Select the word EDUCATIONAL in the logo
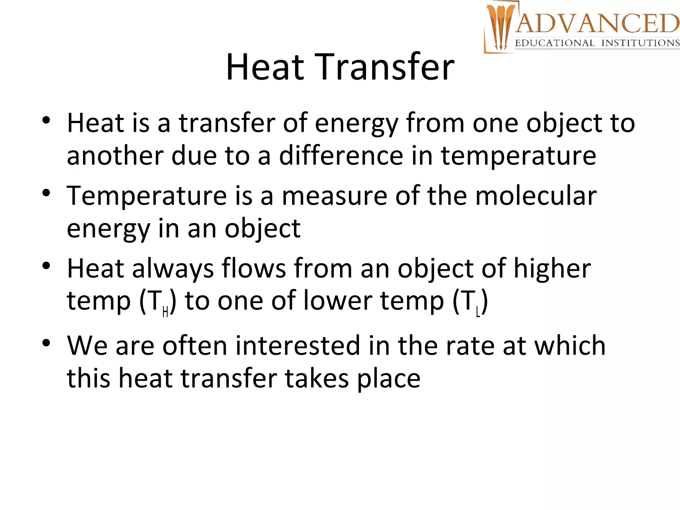(554, 43)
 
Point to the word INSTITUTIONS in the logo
(640, 43)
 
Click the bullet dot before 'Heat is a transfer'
(46, 120)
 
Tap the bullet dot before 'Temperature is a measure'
(46, 193)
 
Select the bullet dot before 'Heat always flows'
(46, 266)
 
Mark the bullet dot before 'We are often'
(46, 343)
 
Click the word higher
(552, 268)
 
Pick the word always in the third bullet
(173, 268)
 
